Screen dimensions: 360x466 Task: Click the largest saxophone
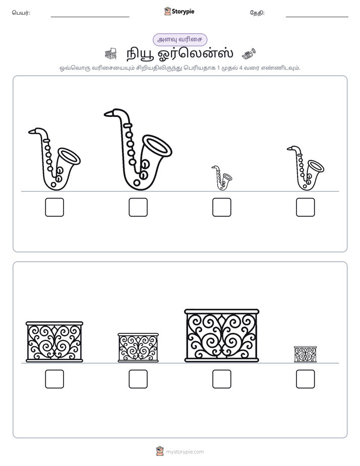pos(131,166)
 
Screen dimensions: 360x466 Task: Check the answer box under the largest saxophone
pos(138,207)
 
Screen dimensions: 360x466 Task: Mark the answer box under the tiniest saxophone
pos(221,207)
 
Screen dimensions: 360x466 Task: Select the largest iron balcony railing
pos(221,335)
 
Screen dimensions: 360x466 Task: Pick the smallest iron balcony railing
pos(306,354)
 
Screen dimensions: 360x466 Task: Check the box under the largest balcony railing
pos(221,379)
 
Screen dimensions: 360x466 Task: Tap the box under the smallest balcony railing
pos(306,379)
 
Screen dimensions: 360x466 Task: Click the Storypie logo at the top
pos(179,11)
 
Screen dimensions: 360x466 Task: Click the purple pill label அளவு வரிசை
pos(180,39)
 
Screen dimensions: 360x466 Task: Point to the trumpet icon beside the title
pos(249,53)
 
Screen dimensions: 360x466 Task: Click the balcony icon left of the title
pos(111,54)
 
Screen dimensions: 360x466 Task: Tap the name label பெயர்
pos(21,13)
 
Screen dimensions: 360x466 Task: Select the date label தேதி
pos(257,13)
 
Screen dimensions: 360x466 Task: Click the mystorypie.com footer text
pos(185,452)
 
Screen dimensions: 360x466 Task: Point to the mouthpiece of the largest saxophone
pos(109,113)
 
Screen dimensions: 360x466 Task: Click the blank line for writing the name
pos(90,17)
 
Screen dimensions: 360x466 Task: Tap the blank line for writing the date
pos(317,17)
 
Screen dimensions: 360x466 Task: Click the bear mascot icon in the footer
pos(160,451)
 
